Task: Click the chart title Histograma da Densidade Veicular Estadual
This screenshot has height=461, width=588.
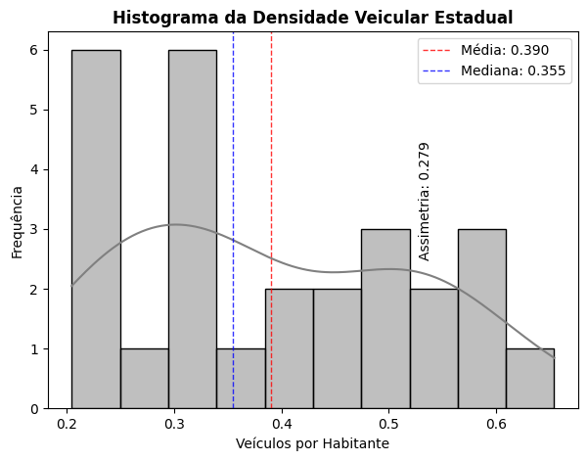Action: [x=312, y=18]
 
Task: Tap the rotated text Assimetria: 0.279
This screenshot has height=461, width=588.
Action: [x=425, y=201]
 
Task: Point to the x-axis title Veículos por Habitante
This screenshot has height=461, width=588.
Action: [x=312, y=443]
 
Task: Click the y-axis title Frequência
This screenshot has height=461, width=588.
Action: [x=18, y=221]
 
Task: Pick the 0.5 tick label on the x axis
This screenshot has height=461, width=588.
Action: [x=389, y=424]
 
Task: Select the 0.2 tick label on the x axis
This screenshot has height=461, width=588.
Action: [x=68, y=424]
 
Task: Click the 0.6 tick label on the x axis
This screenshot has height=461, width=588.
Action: [x=497, y=424]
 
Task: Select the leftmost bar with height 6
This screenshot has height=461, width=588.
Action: [x=96, y=229]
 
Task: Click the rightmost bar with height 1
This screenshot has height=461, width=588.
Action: [x=529, y=379]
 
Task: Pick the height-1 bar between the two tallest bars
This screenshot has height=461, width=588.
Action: [x=144, y=379]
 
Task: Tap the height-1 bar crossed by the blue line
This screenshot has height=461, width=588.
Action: [x=241, y=379]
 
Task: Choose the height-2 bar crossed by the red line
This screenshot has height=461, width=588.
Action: [x=289, y=348]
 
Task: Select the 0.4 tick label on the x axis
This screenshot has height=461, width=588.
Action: [x=283, y=424]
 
